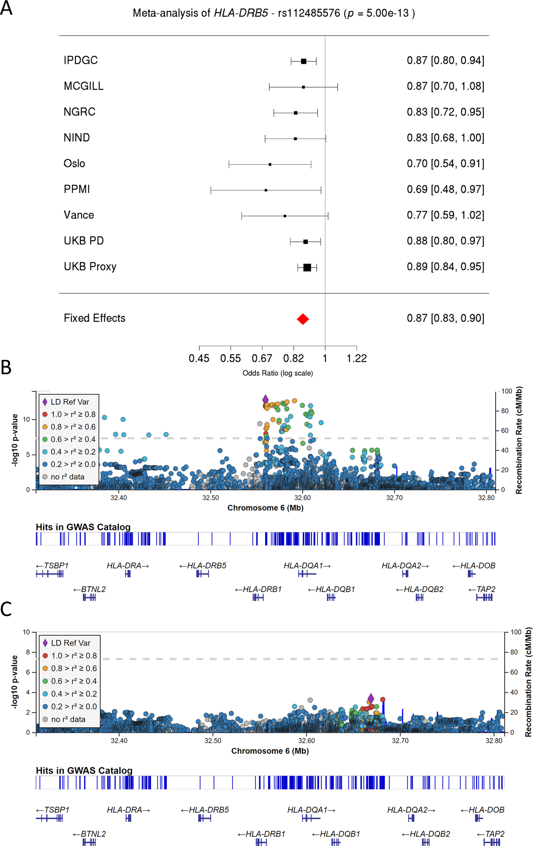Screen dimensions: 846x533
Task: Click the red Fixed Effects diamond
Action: coord(303,319)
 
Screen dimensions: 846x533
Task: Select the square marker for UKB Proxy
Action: coord(307,267)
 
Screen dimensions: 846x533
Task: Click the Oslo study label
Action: coord(74,163)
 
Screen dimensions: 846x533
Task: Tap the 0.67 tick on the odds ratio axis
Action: coord(262,358)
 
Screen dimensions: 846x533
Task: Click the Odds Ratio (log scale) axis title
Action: coord(278,373)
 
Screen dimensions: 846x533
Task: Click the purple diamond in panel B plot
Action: coord(266,399)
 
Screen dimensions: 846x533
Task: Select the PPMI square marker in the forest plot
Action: coord(266,190)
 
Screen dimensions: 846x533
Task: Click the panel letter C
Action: coord(6,609)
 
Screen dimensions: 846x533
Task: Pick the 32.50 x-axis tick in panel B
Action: coord(211,498)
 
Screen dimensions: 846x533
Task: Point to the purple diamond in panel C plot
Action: coord(371,699)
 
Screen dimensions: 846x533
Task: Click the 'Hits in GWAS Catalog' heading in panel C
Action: coord(84,771)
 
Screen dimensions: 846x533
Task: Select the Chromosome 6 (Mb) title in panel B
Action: coord(265,508)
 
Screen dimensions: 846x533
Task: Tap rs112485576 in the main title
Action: coord(309,13)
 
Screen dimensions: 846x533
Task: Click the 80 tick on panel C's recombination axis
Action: coord(516,652)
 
